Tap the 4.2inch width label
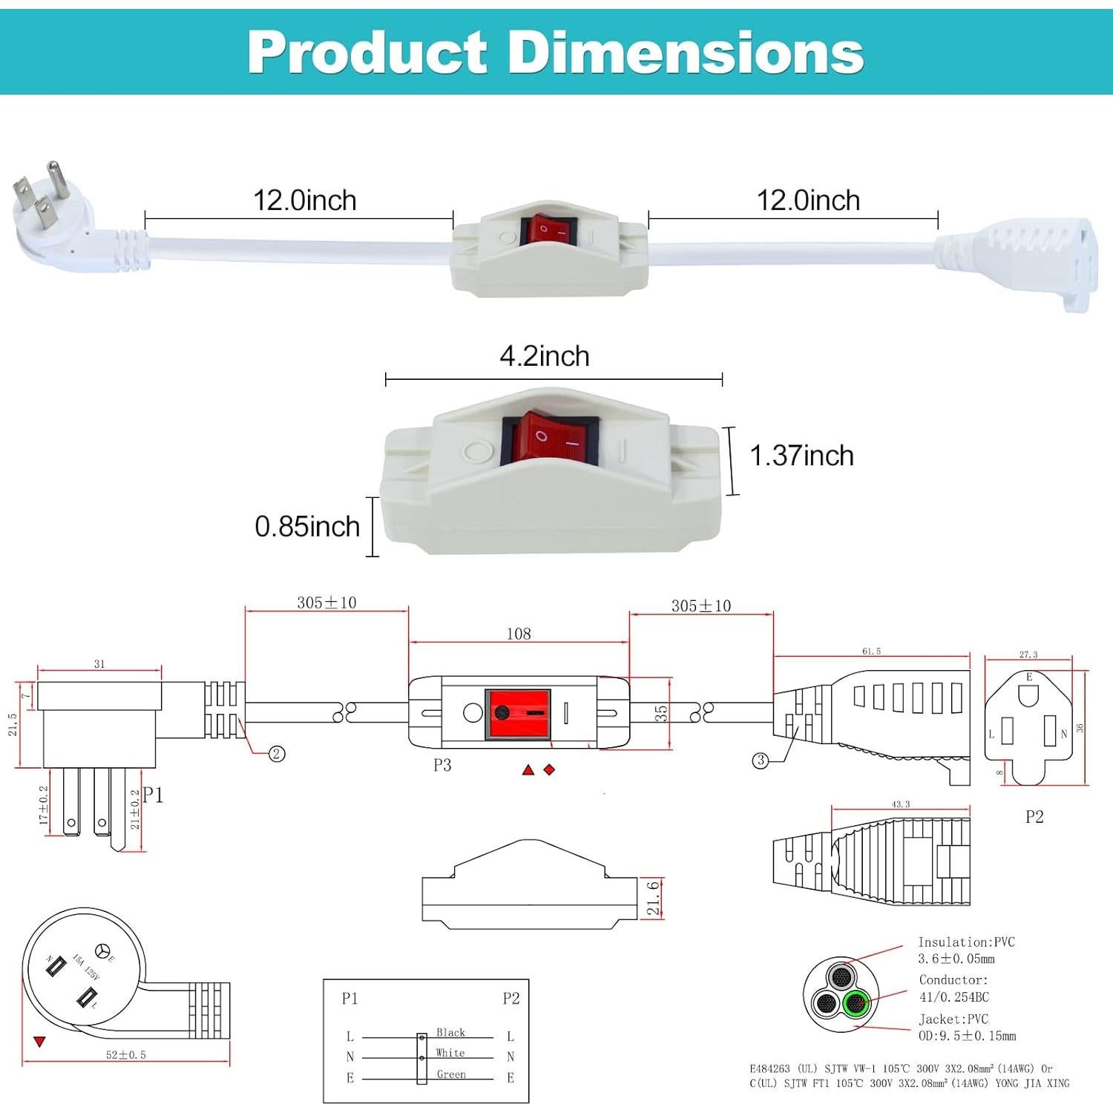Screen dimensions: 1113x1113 pos(545,356)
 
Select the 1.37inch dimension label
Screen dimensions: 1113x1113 pos(801,456)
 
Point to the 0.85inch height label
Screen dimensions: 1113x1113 pos(307,527)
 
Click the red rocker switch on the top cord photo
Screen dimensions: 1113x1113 pos(548,231)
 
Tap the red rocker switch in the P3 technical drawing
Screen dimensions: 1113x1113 pos(518,714)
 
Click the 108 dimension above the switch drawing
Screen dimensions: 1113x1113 pos(519,634)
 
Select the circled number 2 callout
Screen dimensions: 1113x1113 pos(277,754)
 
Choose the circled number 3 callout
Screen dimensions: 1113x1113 pos(760,761)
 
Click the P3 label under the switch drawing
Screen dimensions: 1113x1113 pos(442,765)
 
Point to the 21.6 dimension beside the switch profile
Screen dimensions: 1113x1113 pos(654,898)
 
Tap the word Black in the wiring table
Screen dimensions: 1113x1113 pos(450,1032)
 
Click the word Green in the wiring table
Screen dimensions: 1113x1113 pos(451,1074)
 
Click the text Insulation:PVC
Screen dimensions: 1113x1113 pos(966,942)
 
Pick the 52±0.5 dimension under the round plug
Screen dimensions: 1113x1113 pos(125,1054)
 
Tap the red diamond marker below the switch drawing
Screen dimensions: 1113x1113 pos(549,769)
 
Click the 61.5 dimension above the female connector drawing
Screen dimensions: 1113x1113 pos(871,651)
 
